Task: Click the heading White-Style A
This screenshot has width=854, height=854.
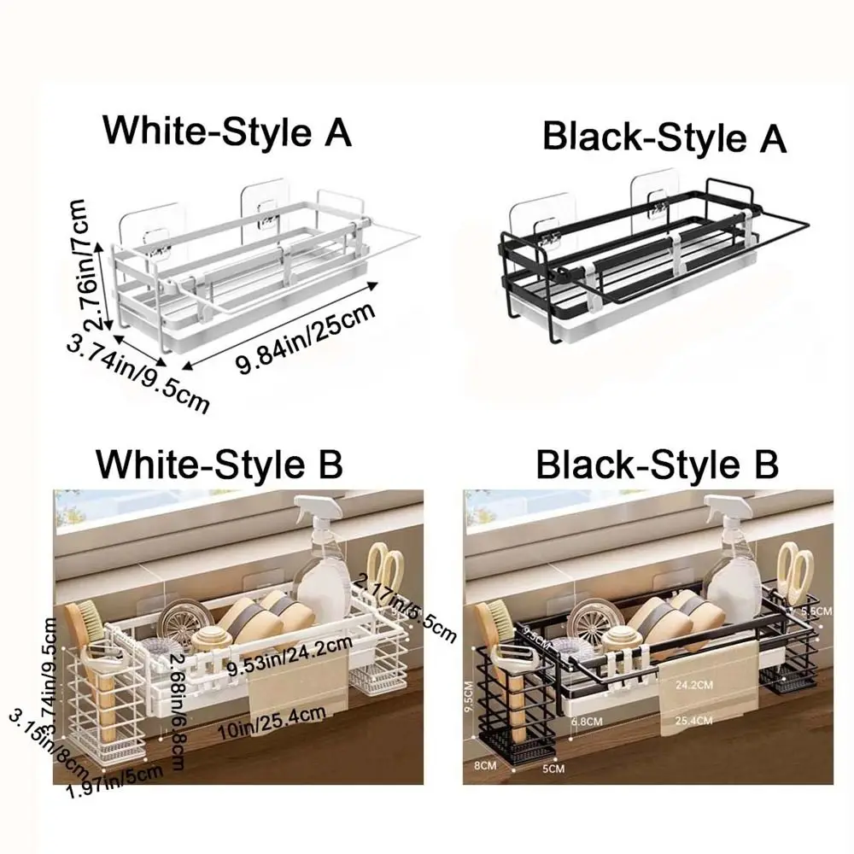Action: coord(227,132)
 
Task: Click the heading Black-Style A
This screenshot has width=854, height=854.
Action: coord(664,137)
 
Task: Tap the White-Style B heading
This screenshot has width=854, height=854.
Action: coord(219,465)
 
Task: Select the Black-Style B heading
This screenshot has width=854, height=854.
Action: coord(657,465)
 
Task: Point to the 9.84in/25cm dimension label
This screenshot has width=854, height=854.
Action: coord(306,340)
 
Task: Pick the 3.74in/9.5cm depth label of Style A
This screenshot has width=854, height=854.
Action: coord(137,374)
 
